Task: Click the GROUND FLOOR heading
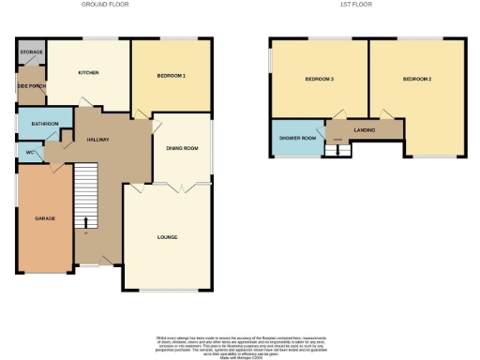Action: point(104,5)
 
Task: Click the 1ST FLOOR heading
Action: point(357,5)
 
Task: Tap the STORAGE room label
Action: point(31,52)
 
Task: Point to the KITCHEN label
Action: point(89,72)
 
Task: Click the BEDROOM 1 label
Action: point(171,75)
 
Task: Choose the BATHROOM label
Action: point(45,124)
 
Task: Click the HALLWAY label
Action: point(98,140)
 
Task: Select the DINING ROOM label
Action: point(183,148)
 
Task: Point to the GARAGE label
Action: point(45,218)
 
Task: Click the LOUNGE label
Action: point(168,237)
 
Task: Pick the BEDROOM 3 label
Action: point(320,79)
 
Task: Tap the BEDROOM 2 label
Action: point(417,79)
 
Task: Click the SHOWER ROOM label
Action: point(296,138)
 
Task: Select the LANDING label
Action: point(365,130)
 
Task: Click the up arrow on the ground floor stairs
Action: point(86,221)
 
